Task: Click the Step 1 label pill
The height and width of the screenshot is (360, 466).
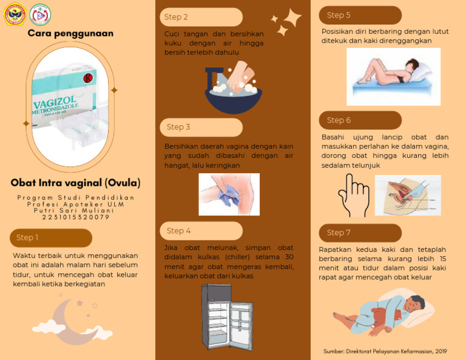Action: pos(51,238)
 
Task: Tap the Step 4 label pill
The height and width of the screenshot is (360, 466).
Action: pos(201,231)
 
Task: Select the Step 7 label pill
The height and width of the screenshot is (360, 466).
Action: pos(360,233)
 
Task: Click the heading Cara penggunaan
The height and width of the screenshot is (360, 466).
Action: pos(70,33)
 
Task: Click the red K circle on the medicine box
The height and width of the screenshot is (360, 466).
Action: pos(88,78)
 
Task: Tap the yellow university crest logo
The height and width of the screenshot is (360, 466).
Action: pos(15,14)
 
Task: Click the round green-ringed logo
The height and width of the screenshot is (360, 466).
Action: pos(40,15)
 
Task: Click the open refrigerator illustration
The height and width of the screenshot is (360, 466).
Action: pos(227,317)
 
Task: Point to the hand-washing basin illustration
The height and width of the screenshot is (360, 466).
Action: pos(233,87)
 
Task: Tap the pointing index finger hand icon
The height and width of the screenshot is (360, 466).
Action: pos(354,195)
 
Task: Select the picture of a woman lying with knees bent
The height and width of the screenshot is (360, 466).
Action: pos(393,76)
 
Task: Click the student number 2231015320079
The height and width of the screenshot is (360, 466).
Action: pos(76,217)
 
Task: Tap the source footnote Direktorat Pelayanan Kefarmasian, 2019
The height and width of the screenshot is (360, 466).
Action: pos(385,352)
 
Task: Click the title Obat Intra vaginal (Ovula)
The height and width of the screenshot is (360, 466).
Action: pos(75,183)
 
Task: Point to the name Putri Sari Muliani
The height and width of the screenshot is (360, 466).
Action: pos(73,211)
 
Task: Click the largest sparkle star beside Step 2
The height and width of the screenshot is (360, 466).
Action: pos(292,18)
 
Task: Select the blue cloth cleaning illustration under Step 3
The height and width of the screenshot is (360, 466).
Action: pos(229,194)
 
